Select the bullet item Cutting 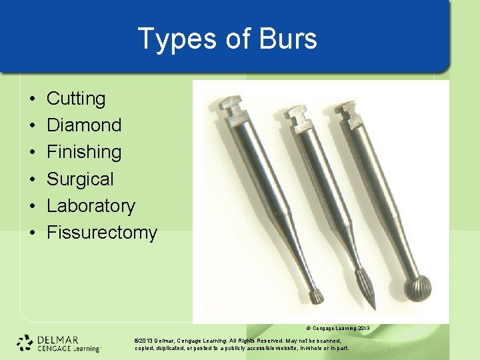[x=76, y=99]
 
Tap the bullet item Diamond [x=84, y=125]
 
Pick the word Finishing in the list [x=84, y=152]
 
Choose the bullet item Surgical [x=80, y=179]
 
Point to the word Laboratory [x=91, y=205]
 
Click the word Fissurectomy [x=101, y=233]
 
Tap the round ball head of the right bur [x=419, y=289]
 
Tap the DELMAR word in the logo [x=59, y=339]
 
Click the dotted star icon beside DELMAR [x=25, y=343]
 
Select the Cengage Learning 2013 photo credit [x=337, y=329]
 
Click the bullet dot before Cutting [x=33, y=99]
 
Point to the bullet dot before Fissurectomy [x=33, y=233]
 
